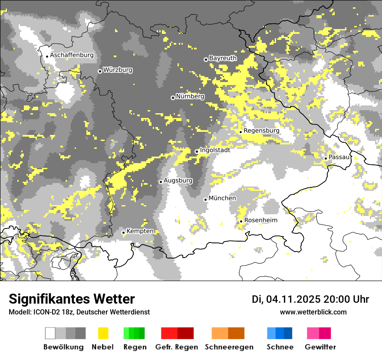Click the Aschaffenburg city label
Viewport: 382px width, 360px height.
pos(72,55)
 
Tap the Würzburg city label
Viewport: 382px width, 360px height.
pos(118,70)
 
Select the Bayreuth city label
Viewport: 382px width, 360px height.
pos(223,58)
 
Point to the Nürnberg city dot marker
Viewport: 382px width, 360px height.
pos(173,98)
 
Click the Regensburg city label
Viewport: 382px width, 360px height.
pos(261,131)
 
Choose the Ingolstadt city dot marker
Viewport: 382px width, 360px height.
pos(197,151)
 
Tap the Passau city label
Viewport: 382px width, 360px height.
pos(339,157)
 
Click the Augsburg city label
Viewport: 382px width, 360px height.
pos(178,180)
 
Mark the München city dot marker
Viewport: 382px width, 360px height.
pos(205,200)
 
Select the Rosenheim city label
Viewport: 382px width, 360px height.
pos(260,220)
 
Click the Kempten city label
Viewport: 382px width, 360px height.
pos(140,231)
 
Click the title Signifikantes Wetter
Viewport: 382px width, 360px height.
pos(72,299)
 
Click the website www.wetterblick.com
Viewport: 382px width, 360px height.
pos(313,312)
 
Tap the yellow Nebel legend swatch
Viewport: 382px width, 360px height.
pos(103,333)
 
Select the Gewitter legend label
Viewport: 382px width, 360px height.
pos(320,347)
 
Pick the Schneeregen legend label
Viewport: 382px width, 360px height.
pos(229,347)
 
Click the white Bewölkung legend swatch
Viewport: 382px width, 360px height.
pos(50,333)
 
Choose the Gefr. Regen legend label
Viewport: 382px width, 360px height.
pos(176,347)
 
